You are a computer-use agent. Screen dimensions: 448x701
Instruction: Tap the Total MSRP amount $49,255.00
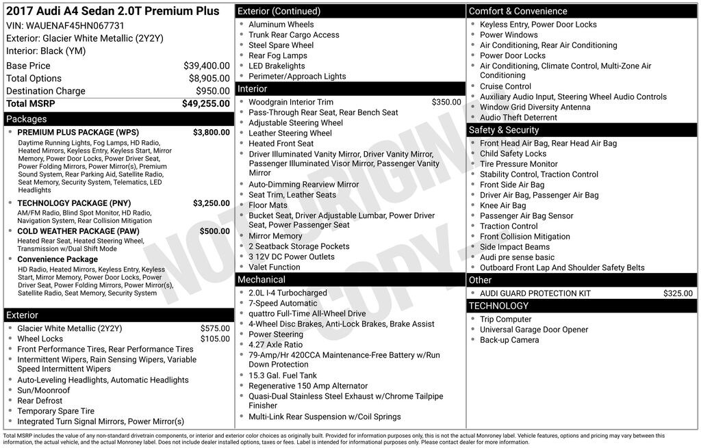pos(205,103)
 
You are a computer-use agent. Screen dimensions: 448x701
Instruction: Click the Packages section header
pos(27,119)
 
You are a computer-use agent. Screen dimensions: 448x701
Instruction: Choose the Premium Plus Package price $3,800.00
pos(211,132)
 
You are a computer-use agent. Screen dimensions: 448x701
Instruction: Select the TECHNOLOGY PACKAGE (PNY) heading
pos(74,203)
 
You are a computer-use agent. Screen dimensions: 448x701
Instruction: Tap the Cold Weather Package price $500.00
pos(214,231)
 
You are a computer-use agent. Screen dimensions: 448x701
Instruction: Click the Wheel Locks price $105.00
pos(215,339)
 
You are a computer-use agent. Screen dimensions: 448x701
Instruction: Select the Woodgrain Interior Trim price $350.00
pos(446,102)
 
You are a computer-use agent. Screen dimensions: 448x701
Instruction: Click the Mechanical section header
pos(262,280)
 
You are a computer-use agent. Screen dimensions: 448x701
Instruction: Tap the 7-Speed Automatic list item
pos(283,303)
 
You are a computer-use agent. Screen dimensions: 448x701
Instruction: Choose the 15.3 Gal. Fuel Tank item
pos(283,375)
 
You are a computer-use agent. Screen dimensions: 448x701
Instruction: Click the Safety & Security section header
pos(504,130)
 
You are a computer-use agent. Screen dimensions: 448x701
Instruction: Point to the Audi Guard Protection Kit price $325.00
pos(678,293)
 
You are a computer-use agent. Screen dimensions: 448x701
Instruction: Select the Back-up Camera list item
pos(509,340)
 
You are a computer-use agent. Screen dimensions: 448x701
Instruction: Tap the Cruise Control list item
pos(505,86)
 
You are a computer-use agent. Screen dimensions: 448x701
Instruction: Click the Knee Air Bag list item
pos(502,205)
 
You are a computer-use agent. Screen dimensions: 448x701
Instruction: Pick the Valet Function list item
pos(274,267)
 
